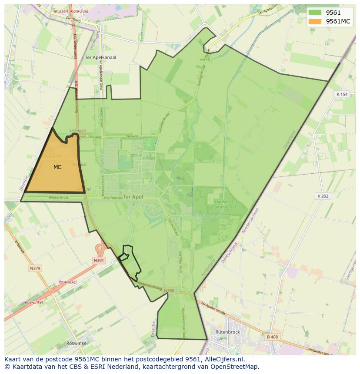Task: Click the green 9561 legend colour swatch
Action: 315,13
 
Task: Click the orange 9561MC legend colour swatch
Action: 315,21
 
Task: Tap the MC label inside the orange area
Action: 57,167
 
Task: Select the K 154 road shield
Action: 342,94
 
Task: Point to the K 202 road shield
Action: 323,196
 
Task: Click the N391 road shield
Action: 99,261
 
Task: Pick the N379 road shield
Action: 35,268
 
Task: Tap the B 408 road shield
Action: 272,337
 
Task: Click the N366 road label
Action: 169,291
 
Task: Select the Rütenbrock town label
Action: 228,332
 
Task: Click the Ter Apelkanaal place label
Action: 100,57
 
